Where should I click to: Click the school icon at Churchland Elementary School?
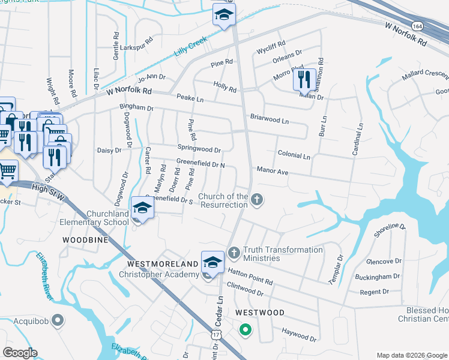142,208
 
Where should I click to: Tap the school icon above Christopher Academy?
212,262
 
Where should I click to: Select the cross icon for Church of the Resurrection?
257,200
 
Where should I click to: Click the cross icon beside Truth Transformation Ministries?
234,253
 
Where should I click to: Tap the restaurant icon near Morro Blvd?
304,79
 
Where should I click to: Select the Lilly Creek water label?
190,46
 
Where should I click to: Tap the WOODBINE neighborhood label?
85,239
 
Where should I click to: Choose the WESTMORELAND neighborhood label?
162,264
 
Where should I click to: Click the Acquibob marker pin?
57,320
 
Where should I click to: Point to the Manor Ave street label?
273,172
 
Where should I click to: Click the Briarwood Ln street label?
270,119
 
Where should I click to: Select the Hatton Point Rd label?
250,277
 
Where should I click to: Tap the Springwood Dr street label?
199,148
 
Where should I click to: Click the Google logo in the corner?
20,353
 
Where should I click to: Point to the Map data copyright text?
412,355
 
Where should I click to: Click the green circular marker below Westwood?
244,329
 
